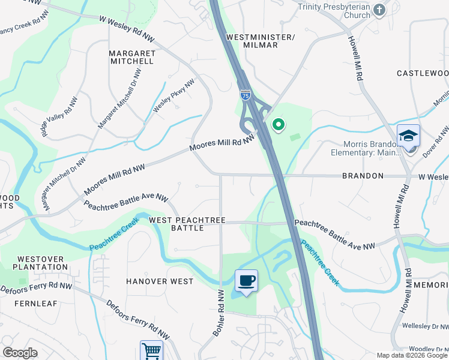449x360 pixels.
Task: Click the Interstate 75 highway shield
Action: (245, 95)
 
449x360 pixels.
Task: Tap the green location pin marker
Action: (278, 124)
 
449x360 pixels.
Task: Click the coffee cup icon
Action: (246, 280)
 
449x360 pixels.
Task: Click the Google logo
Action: (20, 353)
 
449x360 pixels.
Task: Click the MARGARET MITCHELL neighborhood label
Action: (132, 57)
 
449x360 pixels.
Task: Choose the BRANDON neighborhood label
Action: (363, 176)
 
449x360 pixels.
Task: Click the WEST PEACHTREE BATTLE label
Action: (187, 224)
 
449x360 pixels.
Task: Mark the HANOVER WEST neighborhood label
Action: (160, 281)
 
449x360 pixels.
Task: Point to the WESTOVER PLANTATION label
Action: (42, 263)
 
